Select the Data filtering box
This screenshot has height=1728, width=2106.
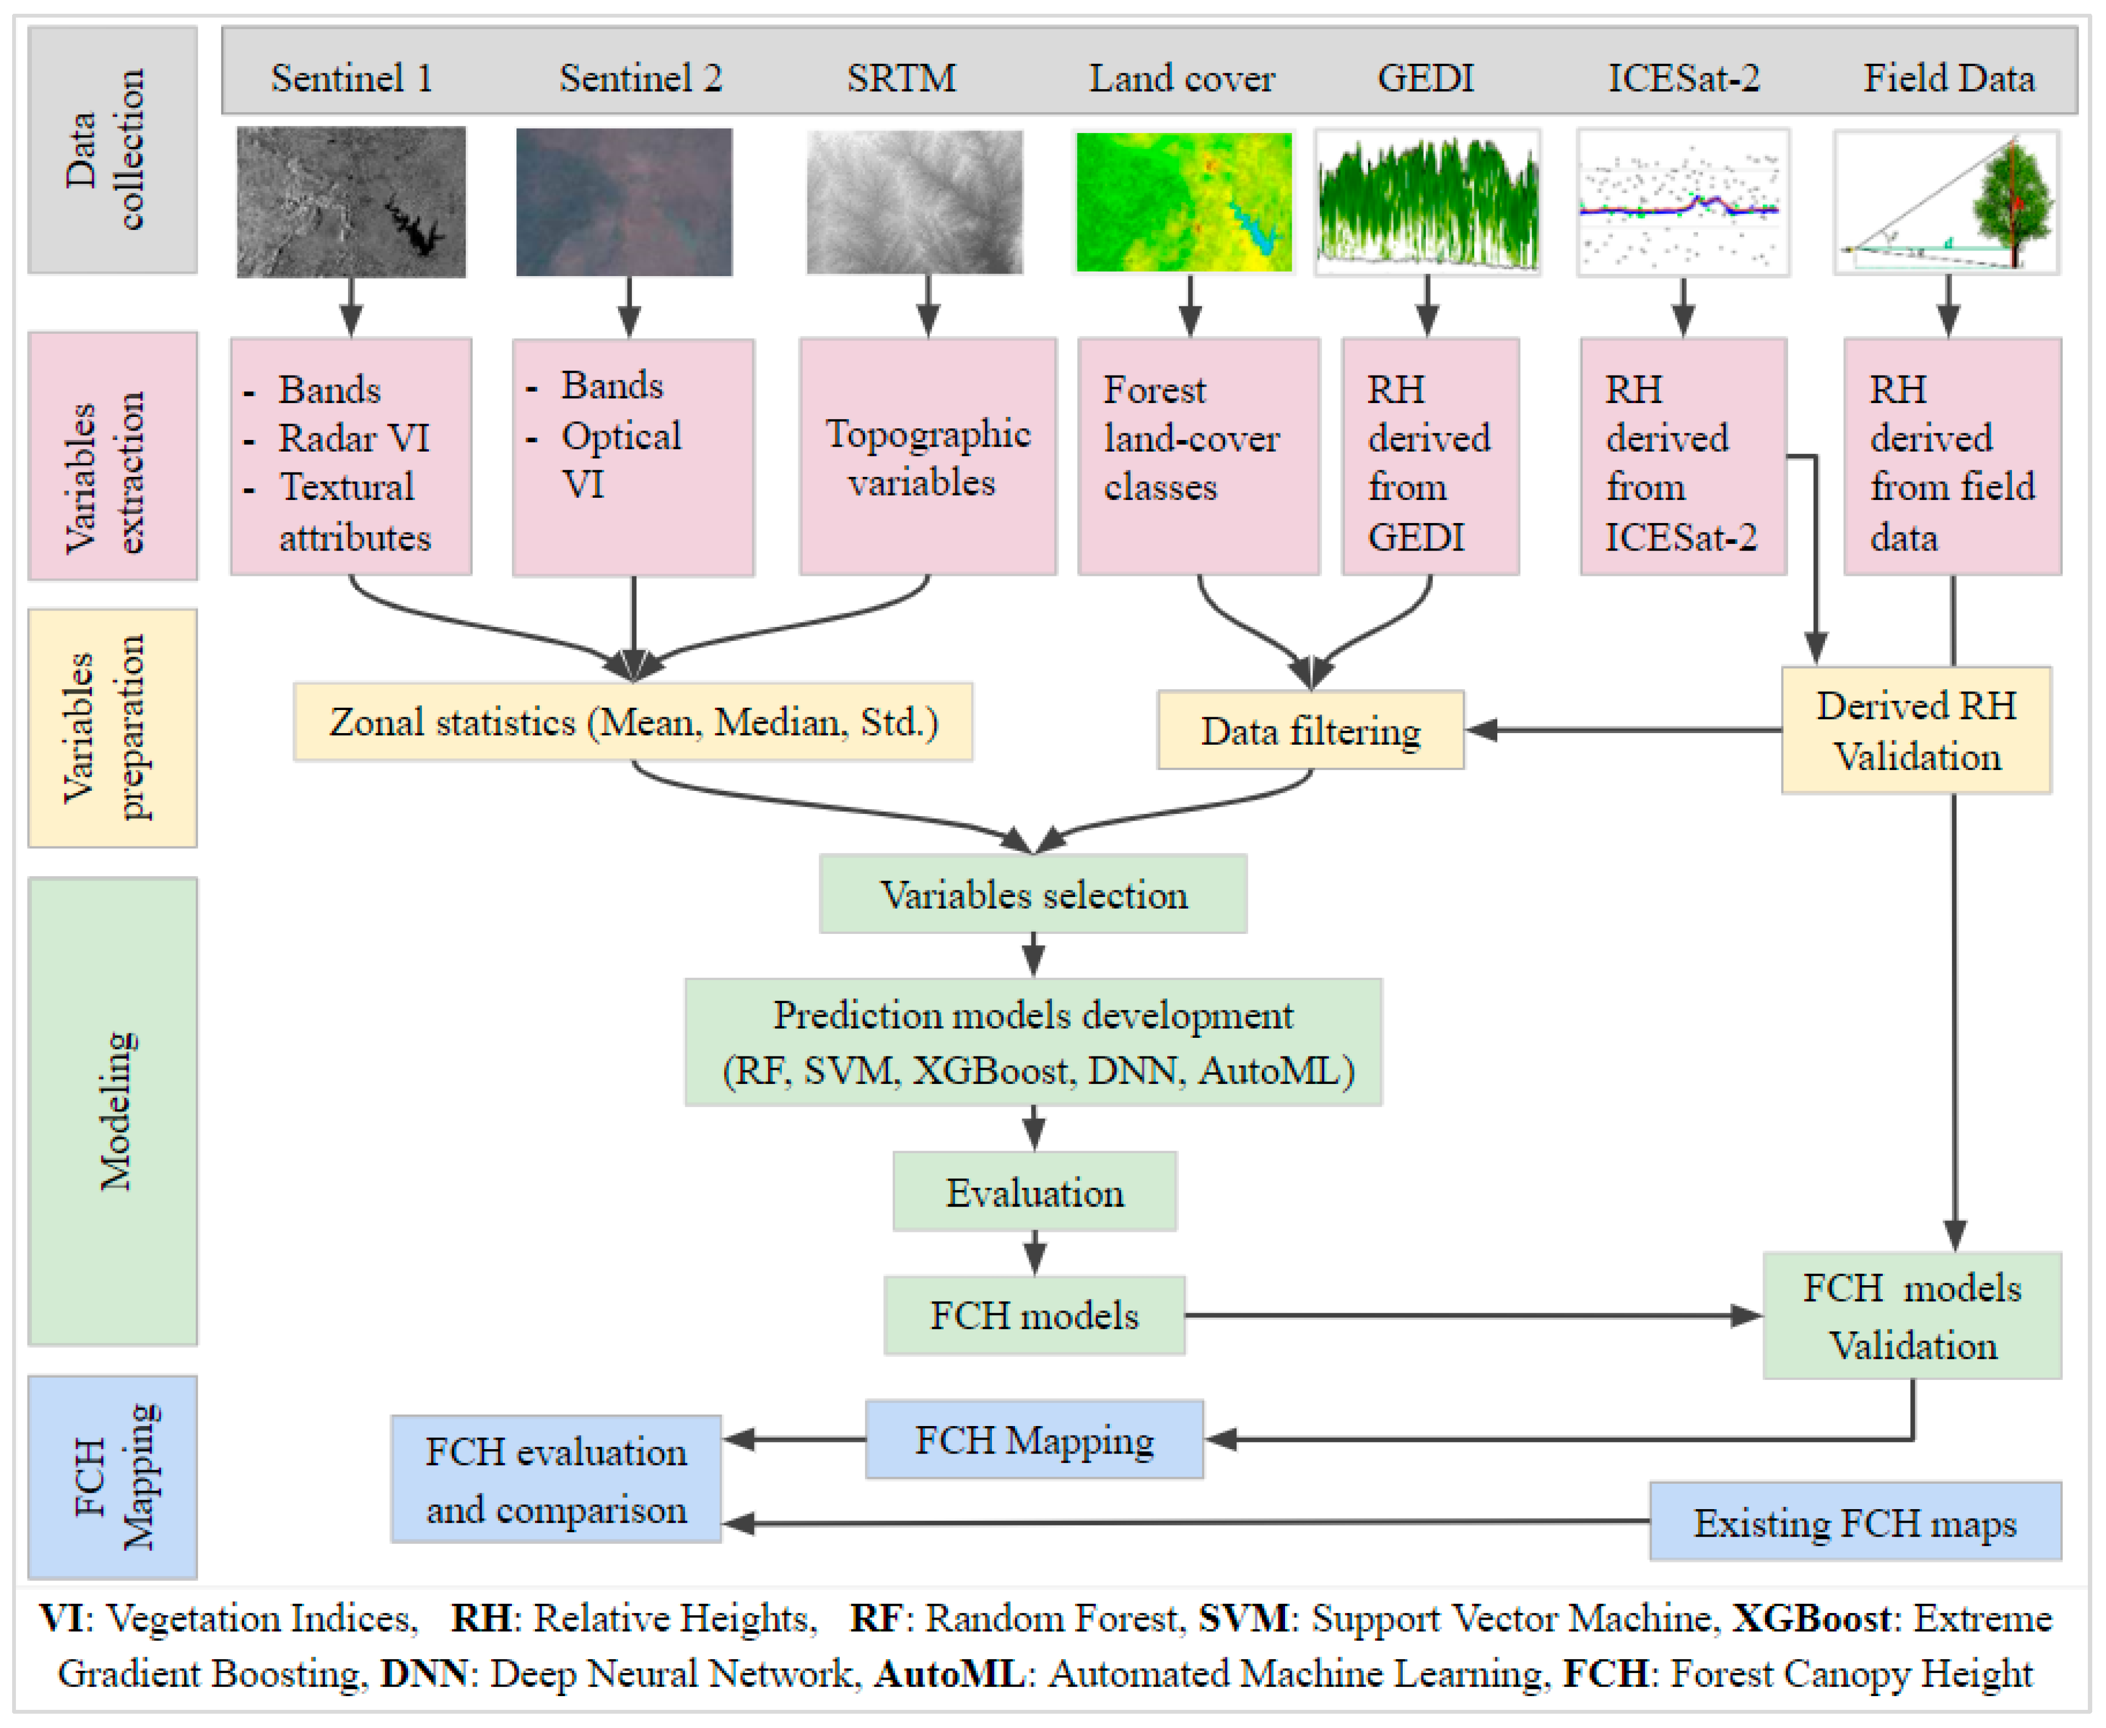coord(1310,730)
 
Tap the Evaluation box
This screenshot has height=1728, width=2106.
coord(1034,1191)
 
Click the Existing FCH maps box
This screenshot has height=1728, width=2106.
coord(1854,1522)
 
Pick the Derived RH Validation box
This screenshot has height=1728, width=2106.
coord(1916,730)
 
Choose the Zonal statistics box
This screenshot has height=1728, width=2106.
coord(633,722)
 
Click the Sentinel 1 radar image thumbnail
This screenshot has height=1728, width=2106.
coord(350,202)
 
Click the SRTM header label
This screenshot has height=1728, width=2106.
coord(901,78)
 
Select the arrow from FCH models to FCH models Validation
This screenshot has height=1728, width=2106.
coord(1473,1316)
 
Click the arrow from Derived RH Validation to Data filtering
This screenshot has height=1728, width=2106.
coord(1622,730)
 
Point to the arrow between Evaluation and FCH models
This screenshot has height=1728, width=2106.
coord(1034,1252)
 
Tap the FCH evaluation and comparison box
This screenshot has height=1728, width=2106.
coord(555,1479)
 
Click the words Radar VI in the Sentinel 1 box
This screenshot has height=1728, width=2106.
coord(354,438)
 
